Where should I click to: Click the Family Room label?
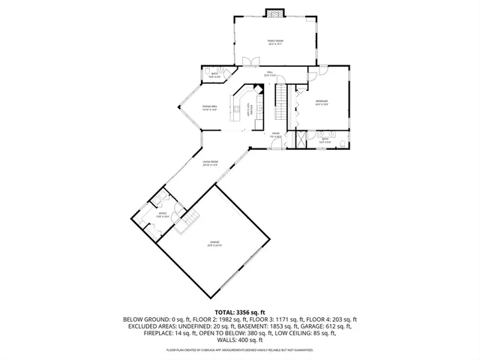pos(275,42)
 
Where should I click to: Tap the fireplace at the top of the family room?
pos(276,13)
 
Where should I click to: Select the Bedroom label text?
pos(321,103)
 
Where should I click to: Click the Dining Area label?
pos(209,108)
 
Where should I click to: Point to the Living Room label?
pos(210,163)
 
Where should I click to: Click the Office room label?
pos(161,214)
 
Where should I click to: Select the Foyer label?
pos(276,136)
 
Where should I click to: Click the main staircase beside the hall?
pos(281,97)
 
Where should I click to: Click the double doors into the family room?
pos(247,62)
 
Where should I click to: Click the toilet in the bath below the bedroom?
pos(341,142)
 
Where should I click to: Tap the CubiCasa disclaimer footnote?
pos(240,349)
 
